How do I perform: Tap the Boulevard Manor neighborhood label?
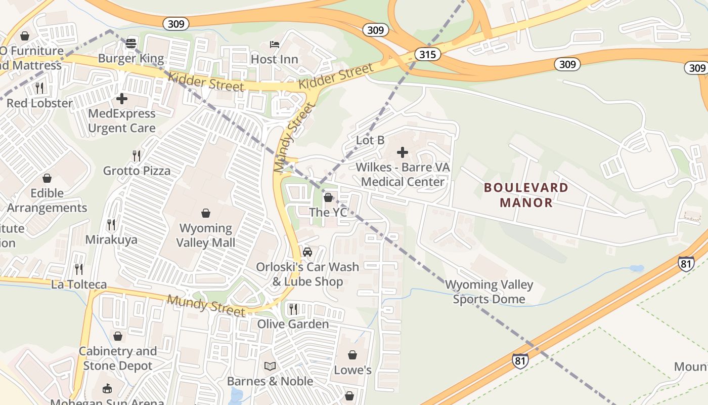pos(526,195)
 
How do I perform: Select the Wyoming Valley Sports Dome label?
pos(489,292)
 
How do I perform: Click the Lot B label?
pos(370,140)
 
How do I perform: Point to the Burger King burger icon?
pos(131,44)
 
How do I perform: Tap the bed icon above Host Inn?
pos(275,45)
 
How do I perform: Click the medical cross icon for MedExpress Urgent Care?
pos(121,99)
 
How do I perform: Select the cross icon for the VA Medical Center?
pos(403,152)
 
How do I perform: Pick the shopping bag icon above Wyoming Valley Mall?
pos(206,213)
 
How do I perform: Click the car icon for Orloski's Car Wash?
pos(307,252)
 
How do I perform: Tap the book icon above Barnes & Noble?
pos(270,366)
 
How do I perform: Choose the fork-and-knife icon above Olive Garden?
pos(293,308)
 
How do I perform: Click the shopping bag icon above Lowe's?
pos(352,355)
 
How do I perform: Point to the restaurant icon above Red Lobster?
pos(39,88)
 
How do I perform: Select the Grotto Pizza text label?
pos(137,171)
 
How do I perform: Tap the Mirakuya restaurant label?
pos(111,239)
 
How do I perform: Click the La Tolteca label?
pos(79,285)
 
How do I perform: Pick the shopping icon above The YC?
pos(328,197)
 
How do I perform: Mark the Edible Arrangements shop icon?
pos(47,178)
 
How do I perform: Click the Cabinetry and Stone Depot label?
pos(117,358)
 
